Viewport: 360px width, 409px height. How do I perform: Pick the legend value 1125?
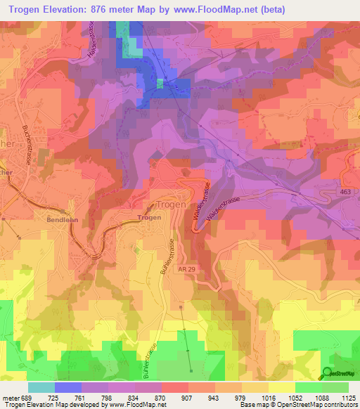pos(348,397)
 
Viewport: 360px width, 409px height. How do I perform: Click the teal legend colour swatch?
pos(41,387)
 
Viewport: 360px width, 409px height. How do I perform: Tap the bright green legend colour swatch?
pos(308,387)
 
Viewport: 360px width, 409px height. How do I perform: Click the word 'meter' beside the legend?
pos(10,397)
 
